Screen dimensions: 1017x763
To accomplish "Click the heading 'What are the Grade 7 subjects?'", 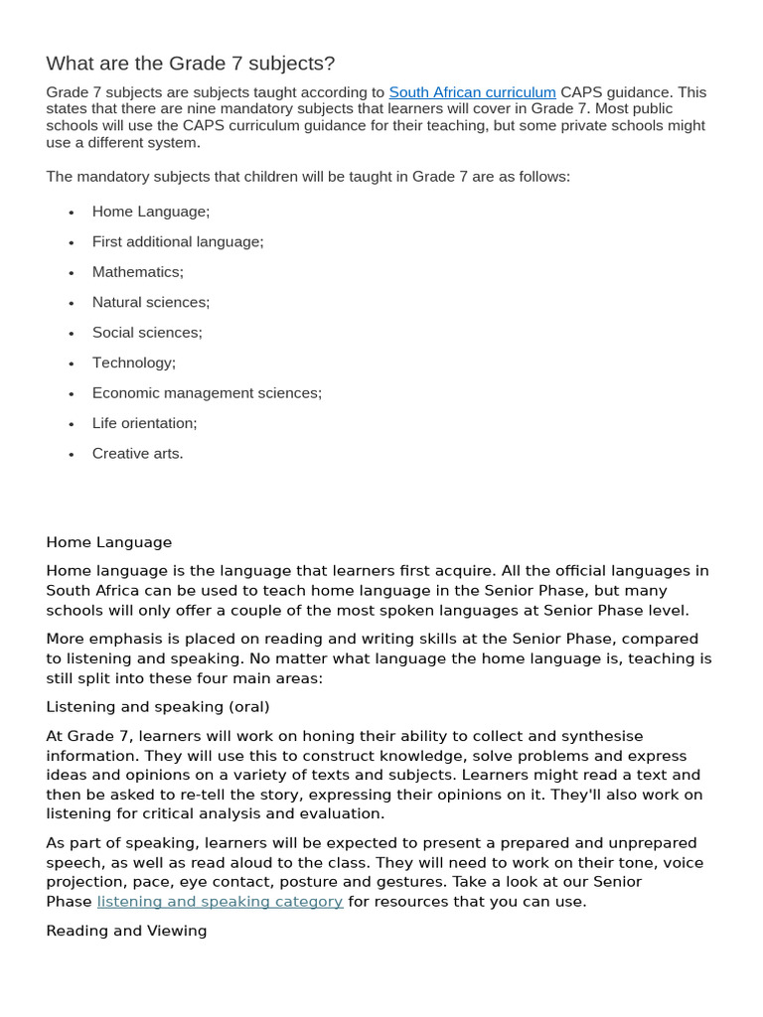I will [x=191, y=64].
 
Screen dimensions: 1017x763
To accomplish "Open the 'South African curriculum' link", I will [x=472, y=92].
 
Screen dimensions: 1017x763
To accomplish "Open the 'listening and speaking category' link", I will [x=220, y=902].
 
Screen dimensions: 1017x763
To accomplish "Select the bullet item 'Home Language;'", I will [x=151, y=212].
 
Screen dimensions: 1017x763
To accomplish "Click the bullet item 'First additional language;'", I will [x=178, y=241].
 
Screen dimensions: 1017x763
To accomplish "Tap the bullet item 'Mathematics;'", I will [x=138, y=272].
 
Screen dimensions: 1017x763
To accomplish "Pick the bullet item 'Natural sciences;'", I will [x=151, y=302].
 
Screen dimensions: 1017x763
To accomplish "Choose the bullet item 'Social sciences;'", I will [x=147, y=333].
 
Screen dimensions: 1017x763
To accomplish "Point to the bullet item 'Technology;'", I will [x=134, y=363].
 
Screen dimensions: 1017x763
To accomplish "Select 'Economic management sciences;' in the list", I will [x=207, y=393].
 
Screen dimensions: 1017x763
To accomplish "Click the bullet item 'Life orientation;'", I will [x=145, y=423].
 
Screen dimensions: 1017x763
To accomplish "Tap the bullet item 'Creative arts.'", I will [x=138, y=454].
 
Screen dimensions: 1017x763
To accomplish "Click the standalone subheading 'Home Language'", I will [x=109, y=542].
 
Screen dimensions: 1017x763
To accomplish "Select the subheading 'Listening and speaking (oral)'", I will [x=158, y=707].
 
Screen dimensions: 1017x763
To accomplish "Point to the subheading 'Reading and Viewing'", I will [x=126, y=931].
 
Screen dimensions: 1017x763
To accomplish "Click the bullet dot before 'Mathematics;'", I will [x=72, y=273].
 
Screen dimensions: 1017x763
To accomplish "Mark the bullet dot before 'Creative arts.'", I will [x=72, y=455].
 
